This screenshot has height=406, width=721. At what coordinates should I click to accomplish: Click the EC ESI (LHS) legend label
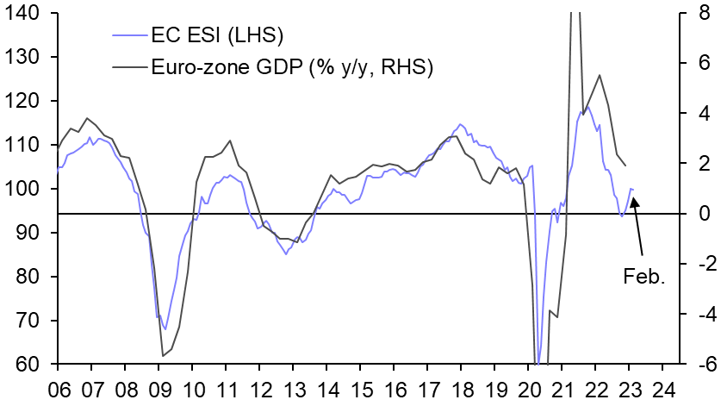pyautogui.click(x=217, y=35)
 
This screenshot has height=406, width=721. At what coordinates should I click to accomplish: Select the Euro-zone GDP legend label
pyautogui.click(x=291, y=66)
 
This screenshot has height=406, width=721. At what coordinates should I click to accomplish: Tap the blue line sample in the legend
pyautogui.click(x=130, y=35)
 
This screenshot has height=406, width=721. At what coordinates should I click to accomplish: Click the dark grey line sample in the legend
pyautogui.click(x=130, y=66)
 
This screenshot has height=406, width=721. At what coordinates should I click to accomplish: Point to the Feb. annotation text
pyautogui.click(x=644, y=277)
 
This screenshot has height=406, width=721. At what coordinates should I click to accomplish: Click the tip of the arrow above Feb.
pyautogui.click(x=633, y=197)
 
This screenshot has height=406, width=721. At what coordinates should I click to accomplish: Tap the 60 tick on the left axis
pyautogui.click(x=28, y=365)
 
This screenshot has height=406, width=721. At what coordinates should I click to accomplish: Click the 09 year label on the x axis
pyautogui.click(x=158, y=389)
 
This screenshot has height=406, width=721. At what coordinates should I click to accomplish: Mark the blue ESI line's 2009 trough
pyautogui.click(x=165, y=329)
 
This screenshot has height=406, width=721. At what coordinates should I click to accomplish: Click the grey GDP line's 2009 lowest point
pyautogui.click(x=163, y=355)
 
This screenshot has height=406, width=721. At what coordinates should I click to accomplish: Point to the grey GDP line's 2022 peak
pyautogui.click(x=599, y=75)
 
